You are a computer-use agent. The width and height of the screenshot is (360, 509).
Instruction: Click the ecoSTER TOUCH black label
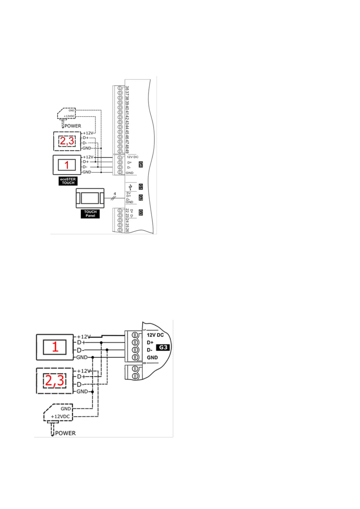tap(68, 181)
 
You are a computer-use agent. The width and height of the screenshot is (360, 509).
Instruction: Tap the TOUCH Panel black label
tap(90, 214)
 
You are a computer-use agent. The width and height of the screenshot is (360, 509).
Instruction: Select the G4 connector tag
tap(141, 164)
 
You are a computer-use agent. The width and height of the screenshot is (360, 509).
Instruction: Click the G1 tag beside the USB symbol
tap(141, 187)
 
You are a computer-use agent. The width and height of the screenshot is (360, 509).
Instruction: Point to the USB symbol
tap(131, 187)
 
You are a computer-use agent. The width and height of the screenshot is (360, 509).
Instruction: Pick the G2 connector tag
tap(141, 198)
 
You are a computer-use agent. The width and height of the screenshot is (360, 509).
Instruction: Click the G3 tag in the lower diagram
tap(163, 347)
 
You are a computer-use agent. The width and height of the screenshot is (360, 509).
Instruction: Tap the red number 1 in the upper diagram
tap(67, 165)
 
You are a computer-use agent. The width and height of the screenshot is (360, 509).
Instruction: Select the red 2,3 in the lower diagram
tap(55, 381)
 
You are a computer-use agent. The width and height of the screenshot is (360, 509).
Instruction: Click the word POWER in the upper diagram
tap(73, 126)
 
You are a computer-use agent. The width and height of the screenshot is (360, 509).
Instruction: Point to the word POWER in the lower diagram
tap(65, 433)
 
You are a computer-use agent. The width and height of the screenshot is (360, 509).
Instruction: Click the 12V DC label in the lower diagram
tap(155, 335)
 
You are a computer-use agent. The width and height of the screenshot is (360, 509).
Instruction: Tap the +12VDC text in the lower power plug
tap(60, 417)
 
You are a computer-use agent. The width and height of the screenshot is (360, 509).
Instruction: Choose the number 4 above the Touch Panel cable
tap(115, 193)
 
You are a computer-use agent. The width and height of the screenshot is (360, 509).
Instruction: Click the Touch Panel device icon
tap(90, 198)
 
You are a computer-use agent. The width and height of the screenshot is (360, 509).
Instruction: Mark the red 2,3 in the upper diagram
tap(67, 141)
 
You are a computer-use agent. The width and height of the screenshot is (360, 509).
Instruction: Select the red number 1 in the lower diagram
tap(55, 347)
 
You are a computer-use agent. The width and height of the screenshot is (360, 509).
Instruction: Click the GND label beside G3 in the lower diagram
tap(152, 358)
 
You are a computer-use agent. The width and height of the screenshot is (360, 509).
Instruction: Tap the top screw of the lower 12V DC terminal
tap(135, 335)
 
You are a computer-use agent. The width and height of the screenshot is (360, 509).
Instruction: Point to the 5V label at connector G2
tap(128, 193)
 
